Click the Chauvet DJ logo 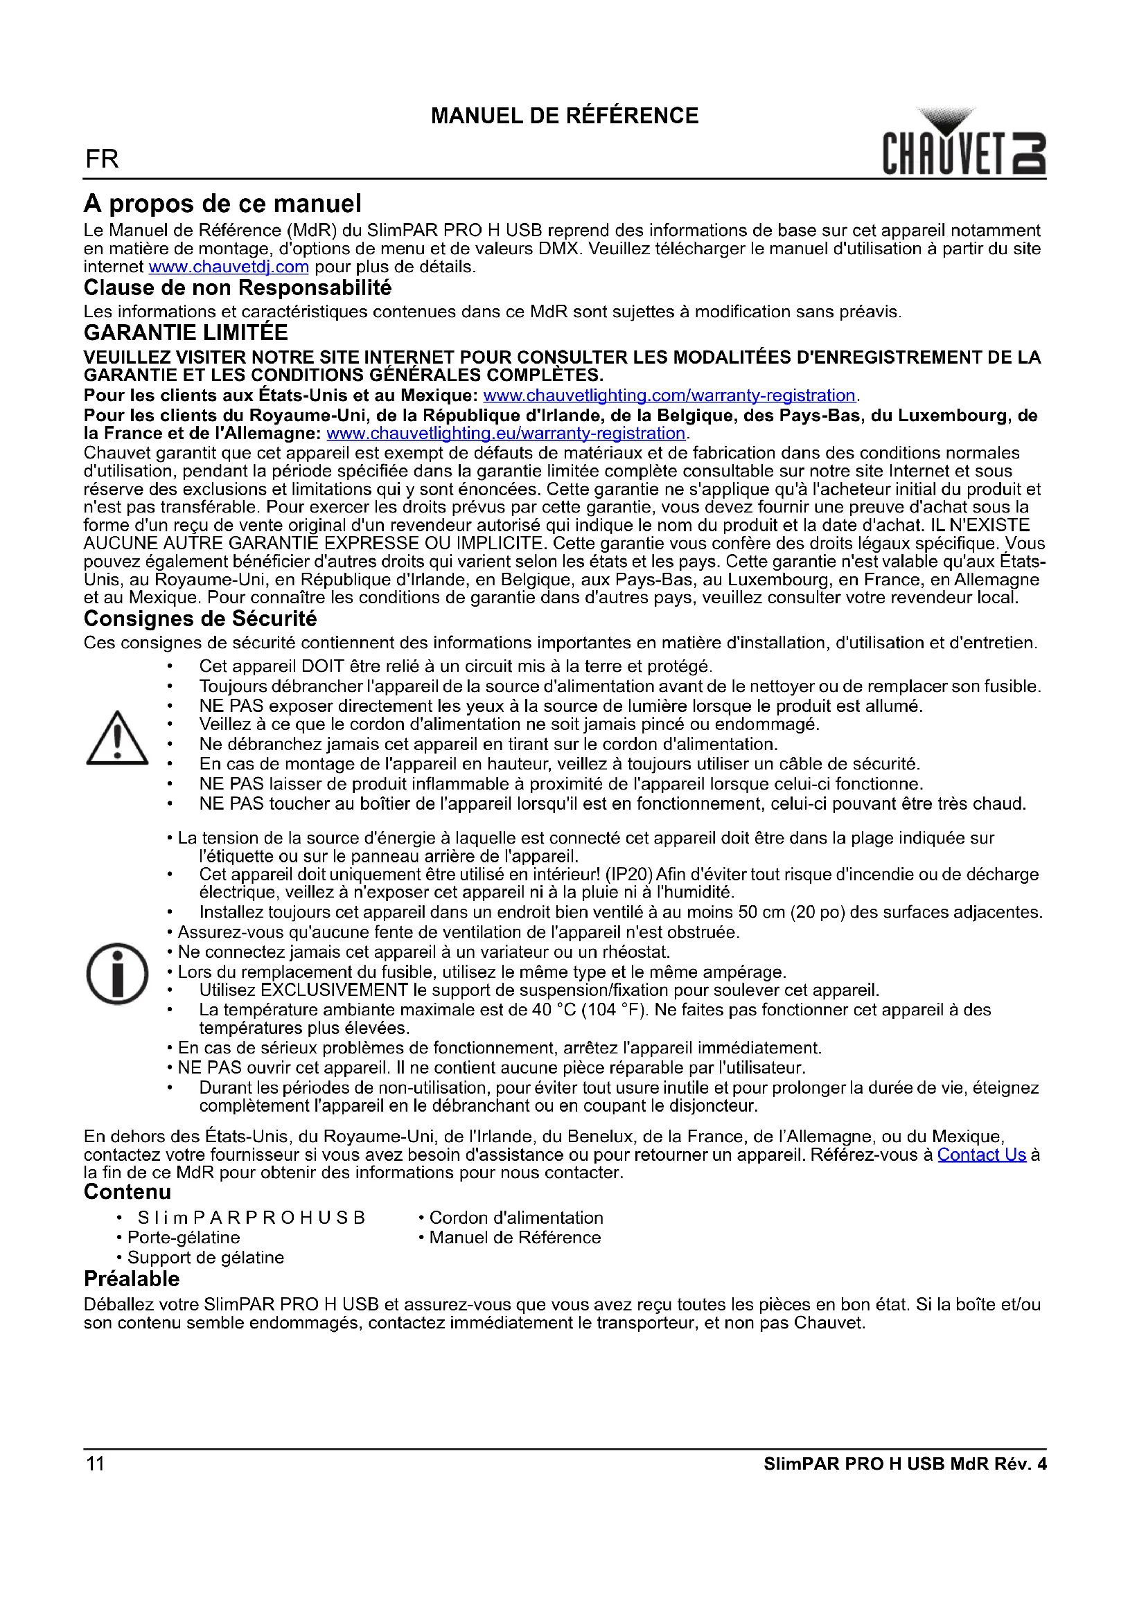963,144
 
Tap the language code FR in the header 102,159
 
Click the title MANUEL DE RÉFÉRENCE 565,116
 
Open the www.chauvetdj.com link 229,267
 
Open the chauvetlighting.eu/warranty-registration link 505,433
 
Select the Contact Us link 981,1155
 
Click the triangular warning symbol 117,739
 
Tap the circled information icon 117,974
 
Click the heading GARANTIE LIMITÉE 186,333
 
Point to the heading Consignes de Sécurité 200,618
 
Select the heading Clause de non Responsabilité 237,288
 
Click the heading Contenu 127,1192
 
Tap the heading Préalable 131,1279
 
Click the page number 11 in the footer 95,1463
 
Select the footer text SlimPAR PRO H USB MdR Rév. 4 905,1464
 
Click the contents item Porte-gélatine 184,1237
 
